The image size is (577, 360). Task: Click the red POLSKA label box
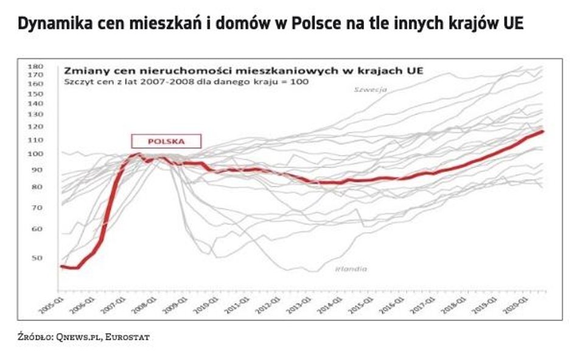166,141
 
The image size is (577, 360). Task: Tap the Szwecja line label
371,90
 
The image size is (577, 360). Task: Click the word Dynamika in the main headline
50,24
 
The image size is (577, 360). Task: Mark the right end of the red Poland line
542,131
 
